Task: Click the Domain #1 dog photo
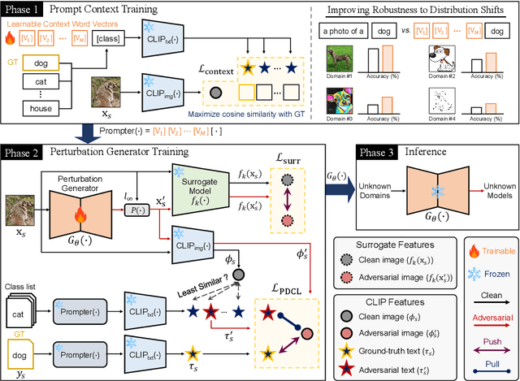(x=336, y=58)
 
